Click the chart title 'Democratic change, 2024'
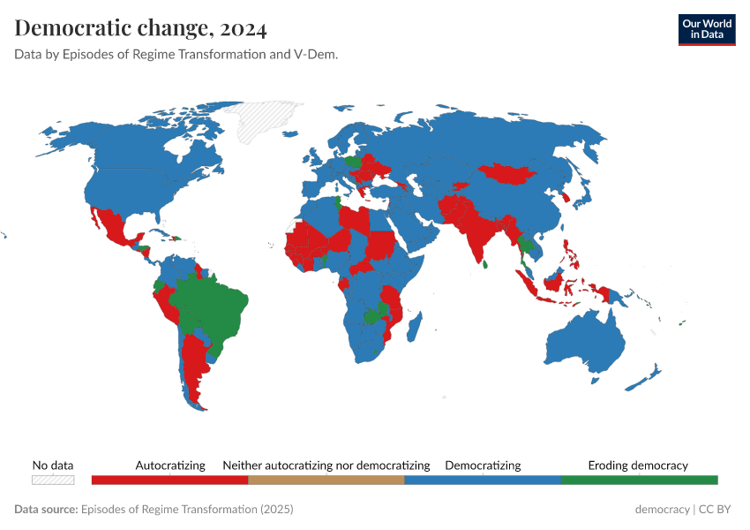[x=140, y=28]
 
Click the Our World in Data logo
[x=706, y=29]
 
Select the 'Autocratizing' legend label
[x=170, y=465]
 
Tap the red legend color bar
[x=169, y=480]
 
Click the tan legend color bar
[x=326, y=480]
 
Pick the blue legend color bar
[x=483, y=480]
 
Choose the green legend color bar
[x=639, y=480]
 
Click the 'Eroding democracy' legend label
[x=638, y=465]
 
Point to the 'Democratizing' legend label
[x=483, y=465]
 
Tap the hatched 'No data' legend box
[x=53, y=480]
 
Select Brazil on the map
[x=212, y=305]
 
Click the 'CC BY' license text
[x=716, y=510]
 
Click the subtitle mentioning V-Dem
[x=176, y=54]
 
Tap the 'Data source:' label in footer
[x=46, y=510]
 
